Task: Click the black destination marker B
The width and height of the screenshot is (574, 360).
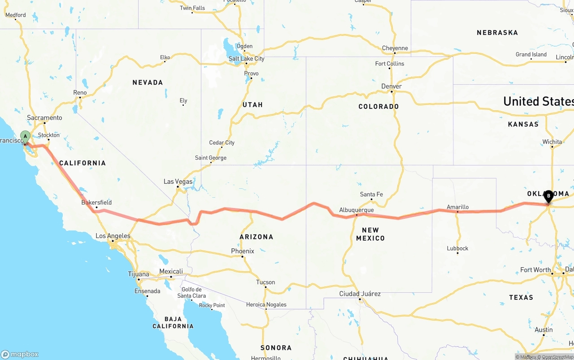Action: click(x=548, y=196)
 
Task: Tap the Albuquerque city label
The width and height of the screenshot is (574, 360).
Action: click(x=357, y=210)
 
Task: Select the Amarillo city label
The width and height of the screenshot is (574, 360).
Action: click(x=457, y=207)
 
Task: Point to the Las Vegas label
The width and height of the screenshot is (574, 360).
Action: click(x=178, y=182)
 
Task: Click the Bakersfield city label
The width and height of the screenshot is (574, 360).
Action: click(x=96, y=203)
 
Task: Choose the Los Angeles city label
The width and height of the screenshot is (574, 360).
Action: click(x=113, y=236)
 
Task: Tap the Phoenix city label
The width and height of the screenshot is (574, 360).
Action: click(x=243, y=251)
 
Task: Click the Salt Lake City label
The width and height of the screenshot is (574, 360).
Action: click(x=247, y=59)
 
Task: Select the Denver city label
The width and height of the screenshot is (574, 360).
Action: click(x=391, y=86)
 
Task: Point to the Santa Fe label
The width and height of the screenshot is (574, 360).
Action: click(x=371, y=195)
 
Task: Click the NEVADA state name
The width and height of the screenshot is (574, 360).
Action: click(x=148, y=82)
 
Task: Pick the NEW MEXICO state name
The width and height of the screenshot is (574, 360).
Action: click(x=370, y=234)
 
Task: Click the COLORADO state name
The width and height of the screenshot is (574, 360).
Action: click(x=378, y=107)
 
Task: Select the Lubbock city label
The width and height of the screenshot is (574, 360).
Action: click(x=457, y=248)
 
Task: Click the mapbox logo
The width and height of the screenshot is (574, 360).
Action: click(x=20, y=354)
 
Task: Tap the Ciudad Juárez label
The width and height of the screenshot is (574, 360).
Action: click(x=360, y=294)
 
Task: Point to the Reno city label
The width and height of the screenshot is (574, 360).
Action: click(x=80, y=93)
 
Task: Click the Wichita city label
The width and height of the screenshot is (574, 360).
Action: click(x=552, y=142)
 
